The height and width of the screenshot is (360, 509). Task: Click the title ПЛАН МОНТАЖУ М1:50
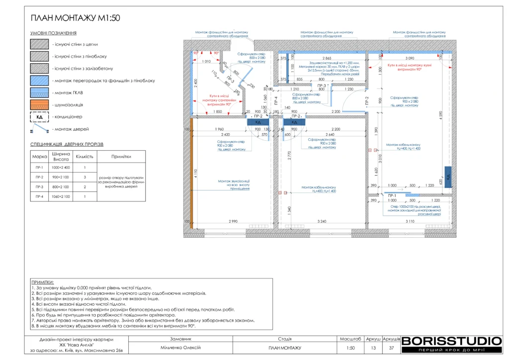coord(75,18)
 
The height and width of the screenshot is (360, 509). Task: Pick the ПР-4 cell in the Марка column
coord(39,196)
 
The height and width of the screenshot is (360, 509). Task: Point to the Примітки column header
coord(121,156)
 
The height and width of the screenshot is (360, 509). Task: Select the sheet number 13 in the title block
coord(373,348)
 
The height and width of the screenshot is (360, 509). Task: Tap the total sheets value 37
coord(392,348)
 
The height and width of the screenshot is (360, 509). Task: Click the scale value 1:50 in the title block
coord(350,348)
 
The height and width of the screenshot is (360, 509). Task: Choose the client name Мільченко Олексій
coord(181,348)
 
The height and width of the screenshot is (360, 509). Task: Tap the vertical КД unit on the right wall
coord(447,177)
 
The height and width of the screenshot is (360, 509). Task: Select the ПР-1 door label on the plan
coord(392,195)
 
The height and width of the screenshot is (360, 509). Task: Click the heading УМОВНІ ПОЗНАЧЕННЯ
coord(53,33)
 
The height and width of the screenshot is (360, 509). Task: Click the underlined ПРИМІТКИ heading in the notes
coord(42,282)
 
